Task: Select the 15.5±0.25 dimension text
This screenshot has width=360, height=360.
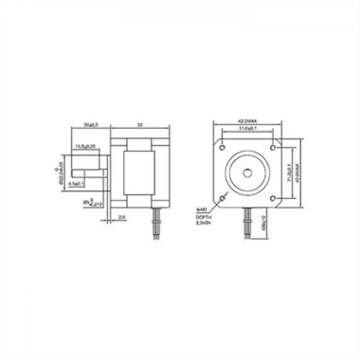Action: (x=86, y=147)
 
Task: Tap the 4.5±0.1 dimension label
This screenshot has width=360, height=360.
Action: (x=77, y=183)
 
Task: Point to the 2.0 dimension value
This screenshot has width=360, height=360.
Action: (x=122, y=218)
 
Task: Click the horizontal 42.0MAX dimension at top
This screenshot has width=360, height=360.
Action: (x=247, y=120)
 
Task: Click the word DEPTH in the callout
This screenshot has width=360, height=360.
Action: (x=202, y=218)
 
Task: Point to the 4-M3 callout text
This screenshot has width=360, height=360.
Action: (x=201, y=210)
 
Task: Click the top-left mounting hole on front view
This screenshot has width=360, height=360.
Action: (x=222, y=148)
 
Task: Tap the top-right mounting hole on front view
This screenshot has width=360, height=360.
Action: (x=273, y=148)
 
